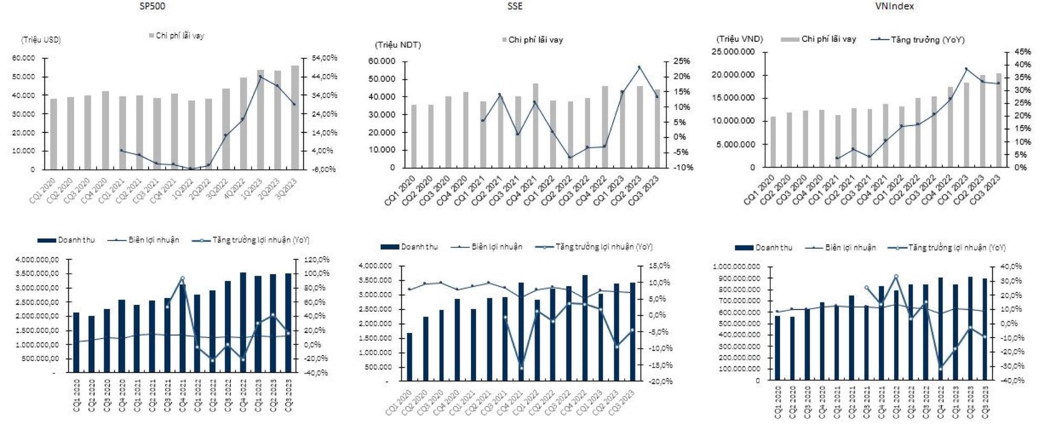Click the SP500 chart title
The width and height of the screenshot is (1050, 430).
coord(156,6)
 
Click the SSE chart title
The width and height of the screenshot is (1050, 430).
coord(515,6)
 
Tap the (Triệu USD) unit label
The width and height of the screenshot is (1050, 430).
coord(41,40)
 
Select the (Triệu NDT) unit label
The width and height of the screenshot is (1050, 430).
coord(397,45)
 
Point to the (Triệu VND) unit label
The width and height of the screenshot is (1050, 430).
coord(740,39)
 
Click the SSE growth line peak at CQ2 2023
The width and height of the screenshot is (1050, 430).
coord(639,67)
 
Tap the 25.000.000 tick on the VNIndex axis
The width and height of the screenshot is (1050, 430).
coord(732,51)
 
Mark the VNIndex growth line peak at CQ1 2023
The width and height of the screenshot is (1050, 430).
coord(966,69)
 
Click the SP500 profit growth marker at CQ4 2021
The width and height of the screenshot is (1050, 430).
coord(183,278)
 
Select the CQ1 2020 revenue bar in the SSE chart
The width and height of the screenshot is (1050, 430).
coord(409,356)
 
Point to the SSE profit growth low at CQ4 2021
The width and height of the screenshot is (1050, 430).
coord(521,368)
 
